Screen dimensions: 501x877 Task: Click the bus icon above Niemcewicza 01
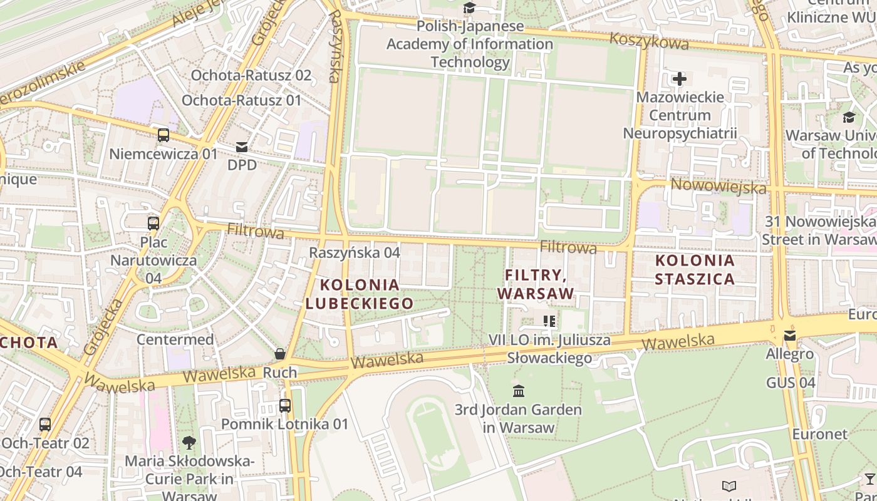coord(163,135)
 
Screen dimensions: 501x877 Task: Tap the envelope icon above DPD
coord(242,147)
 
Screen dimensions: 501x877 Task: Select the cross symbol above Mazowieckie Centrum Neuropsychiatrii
coord(680,79)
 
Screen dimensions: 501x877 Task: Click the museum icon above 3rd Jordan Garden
coord(519,391)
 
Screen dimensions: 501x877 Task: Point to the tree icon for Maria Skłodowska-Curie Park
coord(189,443)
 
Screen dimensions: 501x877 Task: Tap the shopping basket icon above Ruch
coord(280,354)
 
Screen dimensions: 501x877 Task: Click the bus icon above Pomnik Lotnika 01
coord(285,405)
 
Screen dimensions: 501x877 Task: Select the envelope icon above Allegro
coord(790,336)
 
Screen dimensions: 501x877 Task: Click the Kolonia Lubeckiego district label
coord(360,294)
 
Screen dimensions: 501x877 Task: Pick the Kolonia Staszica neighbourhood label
coord(695,269)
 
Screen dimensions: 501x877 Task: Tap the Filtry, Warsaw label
coord(536,284)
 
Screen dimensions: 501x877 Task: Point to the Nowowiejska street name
coord(719,186)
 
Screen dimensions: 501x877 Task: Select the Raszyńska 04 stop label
coord(355,252)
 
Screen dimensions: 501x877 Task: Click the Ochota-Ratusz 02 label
coord(251,75)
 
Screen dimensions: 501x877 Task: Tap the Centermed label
coord(175,339)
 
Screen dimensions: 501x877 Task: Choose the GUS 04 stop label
coord(791,382)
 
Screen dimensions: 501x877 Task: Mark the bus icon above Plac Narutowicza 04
coord(153,223)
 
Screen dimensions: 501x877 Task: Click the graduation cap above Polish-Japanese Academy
coord(469,8)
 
